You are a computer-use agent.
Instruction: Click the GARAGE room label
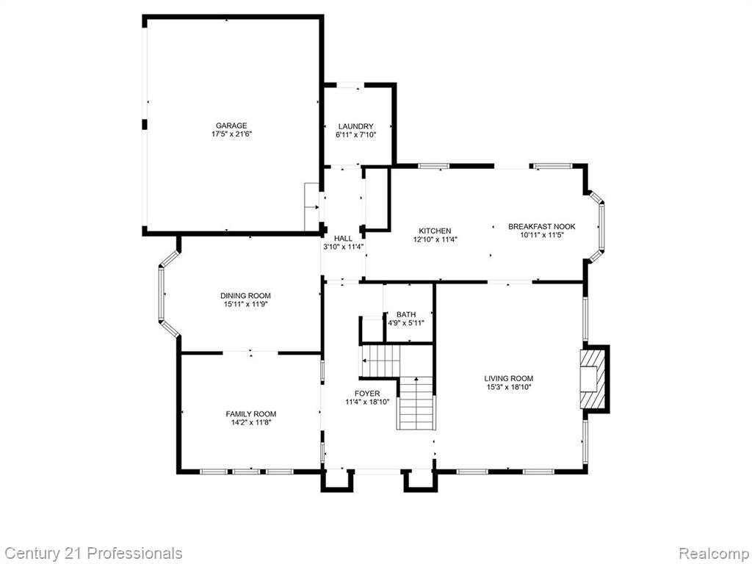click(x=231, y=126)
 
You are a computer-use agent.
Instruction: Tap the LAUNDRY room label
click(x=356, y=126)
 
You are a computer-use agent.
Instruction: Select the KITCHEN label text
click(x=435, y=231)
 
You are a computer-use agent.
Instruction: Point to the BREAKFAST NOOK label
click(x=542, y=227)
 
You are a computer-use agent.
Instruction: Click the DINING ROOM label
click(x=245, y=296)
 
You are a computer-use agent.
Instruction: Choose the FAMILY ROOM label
click(x=251, y=414)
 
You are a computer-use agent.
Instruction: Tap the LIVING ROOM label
click(x=509, y=378)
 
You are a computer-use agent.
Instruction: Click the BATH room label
click(x=406, y=314)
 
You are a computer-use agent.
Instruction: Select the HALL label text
click(x=344, y=239)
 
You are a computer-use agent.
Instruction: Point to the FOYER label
click(x=367, y=394)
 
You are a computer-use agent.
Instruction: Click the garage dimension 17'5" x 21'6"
click(x=231, y=135)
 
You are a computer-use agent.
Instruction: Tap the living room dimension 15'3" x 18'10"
click(x=508, y=387)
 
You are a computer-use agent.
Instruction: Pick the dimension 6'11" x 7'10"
click(x=356, y=135)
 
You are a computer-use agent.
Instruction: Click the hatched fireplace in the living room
click(x=593, y=379)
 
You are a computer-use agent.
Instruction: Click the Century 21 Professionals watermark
click(x=91, y=554)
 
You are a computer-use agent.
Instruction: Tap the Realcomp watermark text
click(x=715, y=554)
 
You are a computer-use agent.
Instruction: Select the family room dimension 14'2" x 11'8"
click(x=251, y=423)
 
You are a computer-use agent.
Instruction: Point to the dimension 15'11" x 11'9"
click(x=245, y=305)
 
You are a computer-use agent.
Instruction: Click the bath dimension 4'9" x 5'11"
click(x=406, y=323)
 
